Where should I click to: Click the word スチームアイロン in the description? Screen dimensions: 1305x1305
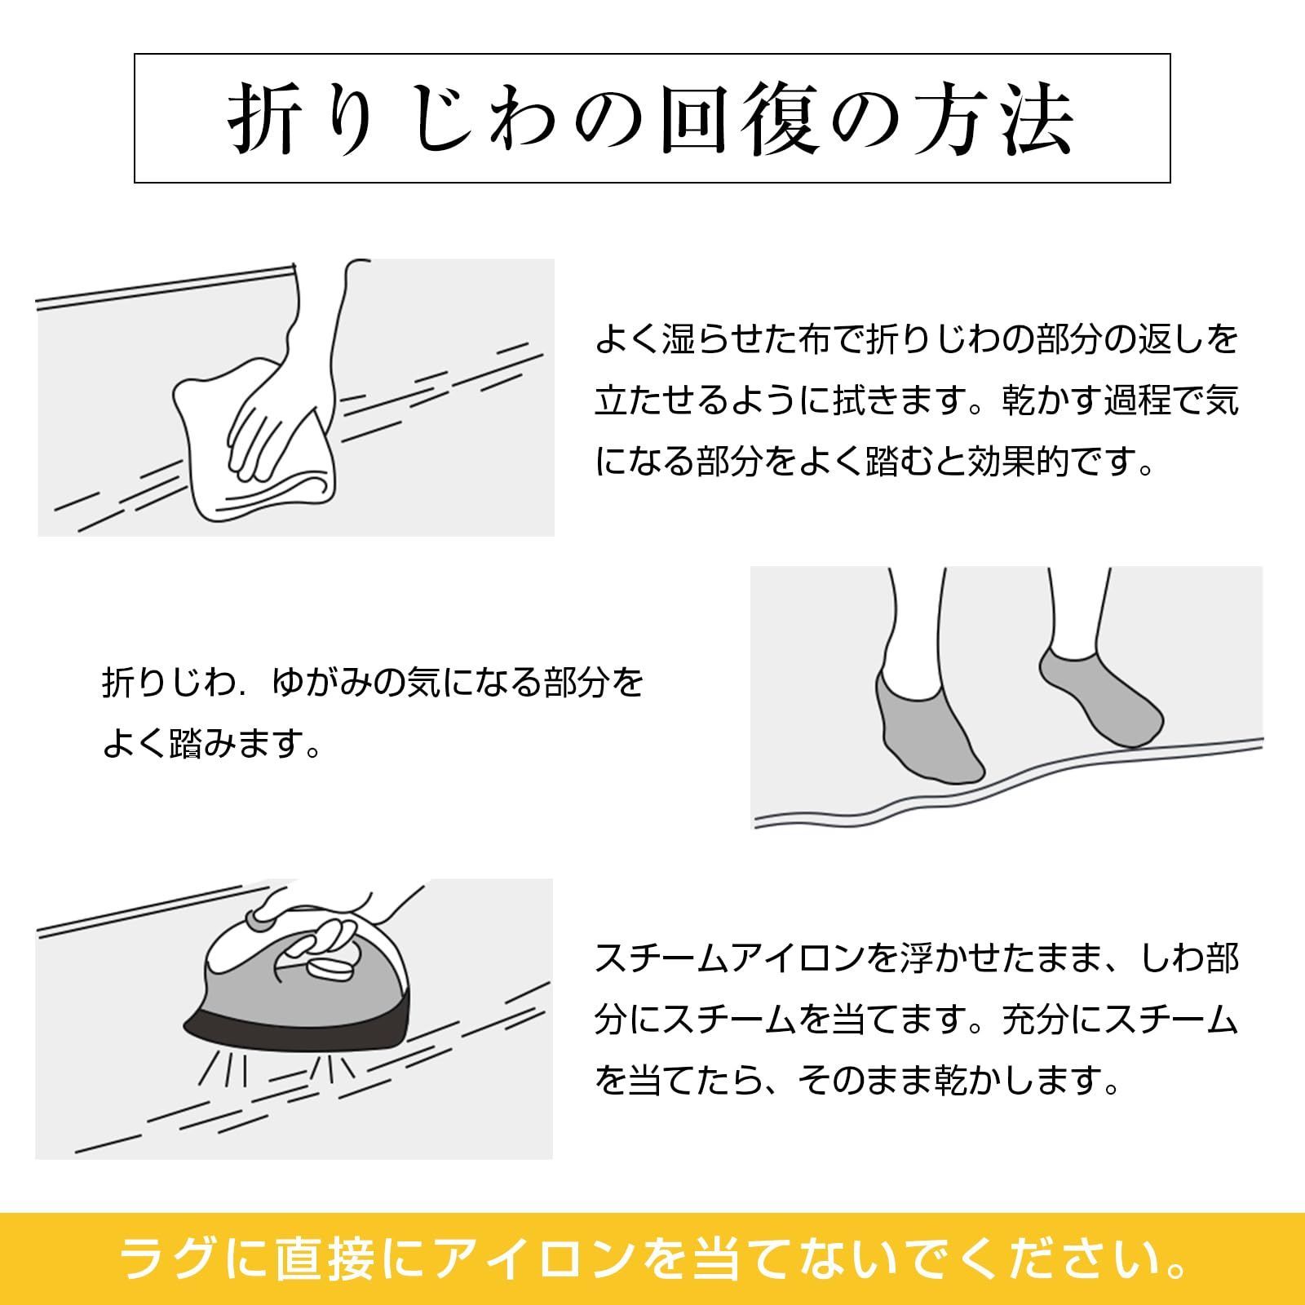pos(729,958)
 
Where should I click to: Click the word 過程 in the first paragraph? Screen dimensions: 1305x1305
pos(1137,400)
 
